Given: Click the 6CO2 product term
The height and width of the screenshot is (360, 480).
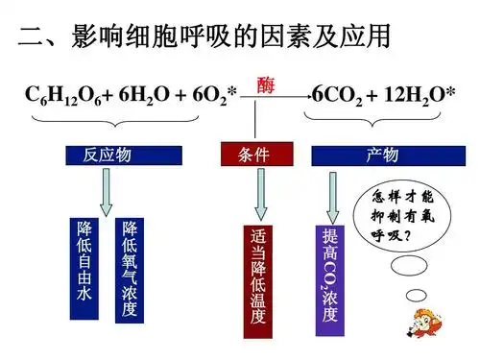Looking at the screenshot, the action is (342, 95).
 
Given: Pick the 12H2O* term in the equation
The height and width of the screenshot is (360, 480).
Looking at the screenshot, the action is (415, 95).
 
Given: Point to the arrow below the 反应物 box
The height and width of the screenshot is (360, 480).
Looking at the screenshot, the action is (107, 192).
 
